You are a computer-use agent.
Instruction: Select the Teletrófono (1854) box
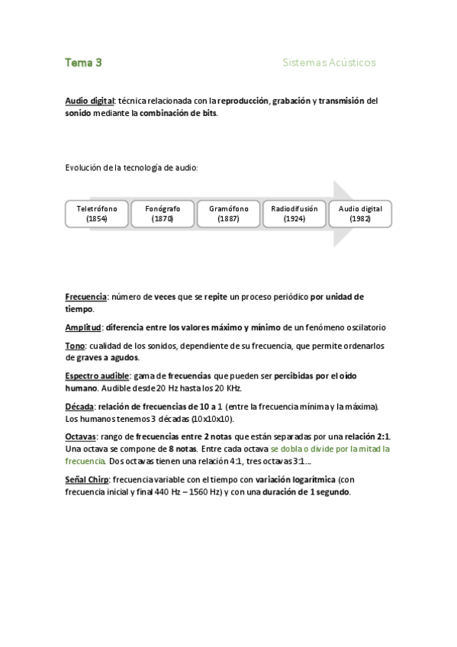(97, 213)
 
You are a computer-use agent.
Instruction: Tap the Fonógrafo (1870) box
(163, 213)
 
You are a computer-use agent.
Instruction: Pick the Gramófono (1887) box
(228, 213)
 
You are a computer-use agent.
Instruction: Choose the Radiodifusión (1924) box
(294, 213)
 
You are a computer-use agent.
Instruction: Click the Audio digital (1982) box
(360, 213)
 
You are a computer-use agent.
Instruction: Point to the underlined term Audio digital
(90, 101)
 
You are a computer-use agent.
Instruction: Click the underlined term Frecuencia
(86, 297)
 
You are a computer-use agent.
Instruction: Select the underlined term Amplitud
(84, 327)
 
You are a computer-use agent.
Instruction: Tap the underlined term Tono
(76, 346)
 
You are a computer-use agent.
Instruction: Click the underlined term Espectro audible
(98, 376)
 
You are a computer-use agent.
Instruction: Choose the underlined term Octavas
(81, 437)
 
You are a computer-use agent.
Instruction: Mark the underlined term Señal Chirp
(88, 480)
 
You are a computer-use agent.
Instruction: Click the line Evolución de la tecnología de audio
(131, 167)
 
